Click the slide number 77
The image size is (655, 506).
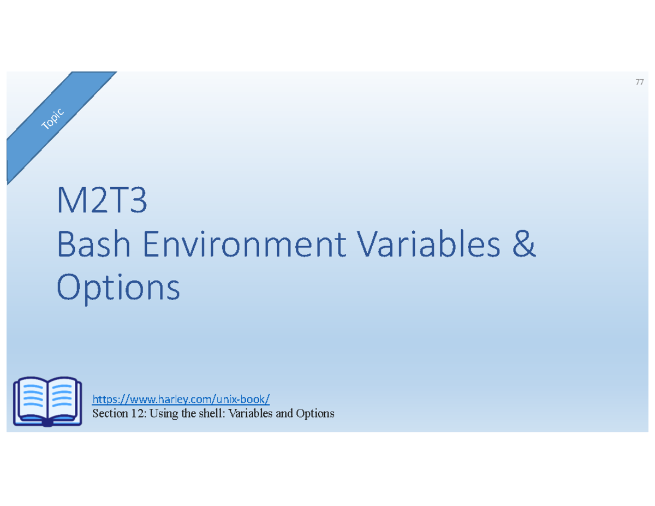point(639,83)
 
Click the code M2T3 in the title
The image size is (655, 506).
point(102,202)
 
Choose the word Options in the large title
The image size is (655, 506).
point(118,288)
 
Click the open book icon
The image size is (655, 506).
point(47,401)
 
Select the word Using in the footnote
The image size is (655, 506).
point(162,414)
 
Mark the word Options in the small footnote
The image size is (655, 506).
point(315,414)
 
